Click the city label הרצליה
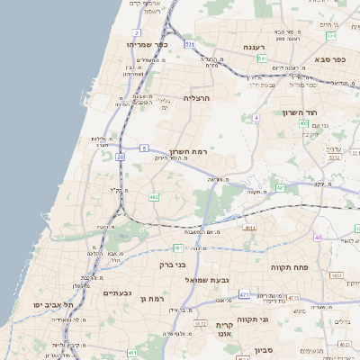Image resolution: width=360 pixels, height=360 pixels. (x=196, y=97)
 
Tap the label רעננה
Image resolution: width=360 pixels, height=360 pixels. (x=252, y=47)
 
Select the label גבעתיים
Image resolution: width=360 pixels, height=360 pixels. (x=118, y=292)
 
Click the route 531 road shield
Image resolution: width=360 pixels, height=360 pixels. (x=190, y=43)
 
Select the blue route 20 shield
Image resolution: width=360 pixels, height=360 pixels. (x=121, y=157)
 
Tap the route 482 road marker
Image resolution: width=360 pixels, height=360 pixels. (x=154, y=195)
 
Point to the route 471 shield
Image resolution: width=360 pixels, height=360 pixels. (x=244, y=294)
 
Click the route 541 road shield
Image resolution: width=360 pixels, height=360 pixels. (x=262, y=58)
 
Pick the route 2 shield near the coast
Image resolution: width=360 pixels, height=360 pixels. (x=137, y=32)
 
